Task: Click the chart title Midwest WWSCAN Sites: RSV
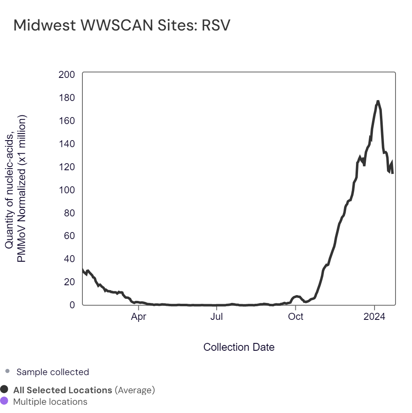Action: tap(122, 26)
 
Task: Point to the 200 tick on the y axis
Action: tap(67, 75)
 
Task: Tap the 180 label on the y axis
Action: tap(67, 98)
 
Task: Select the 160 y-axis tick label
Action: tap(67, 121)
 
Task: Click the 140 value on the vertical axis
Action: tap(67, 144)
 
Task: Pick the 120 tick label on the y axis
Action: tap(67, 167)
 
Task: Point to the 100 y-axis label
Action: tap(67, 190)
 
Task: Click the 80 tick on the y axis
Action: tap(70, 213)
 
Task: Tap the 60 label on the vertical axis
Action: tap(70, 236)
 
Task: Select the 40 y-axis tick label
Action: tap(70, 259)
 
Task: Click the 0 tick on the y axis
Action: tap(72, 305)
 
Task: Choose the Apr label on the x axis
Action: tap(139, 317)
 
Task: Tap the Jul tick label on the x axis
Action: tap(217, 317)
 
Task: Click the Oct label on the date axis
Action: tap(295, 317)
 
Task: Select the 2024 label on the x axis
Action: tap(375, 317)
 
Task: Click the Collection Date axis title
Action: tap(239, 347)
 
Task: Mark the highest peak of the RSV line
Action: tap(378, 101)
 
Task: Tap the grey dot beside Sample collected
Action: tap(7, 371)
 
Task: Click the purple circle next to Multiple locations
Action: tap(5, 401)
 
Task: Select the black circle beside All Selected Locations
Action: tap(5, 390)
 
